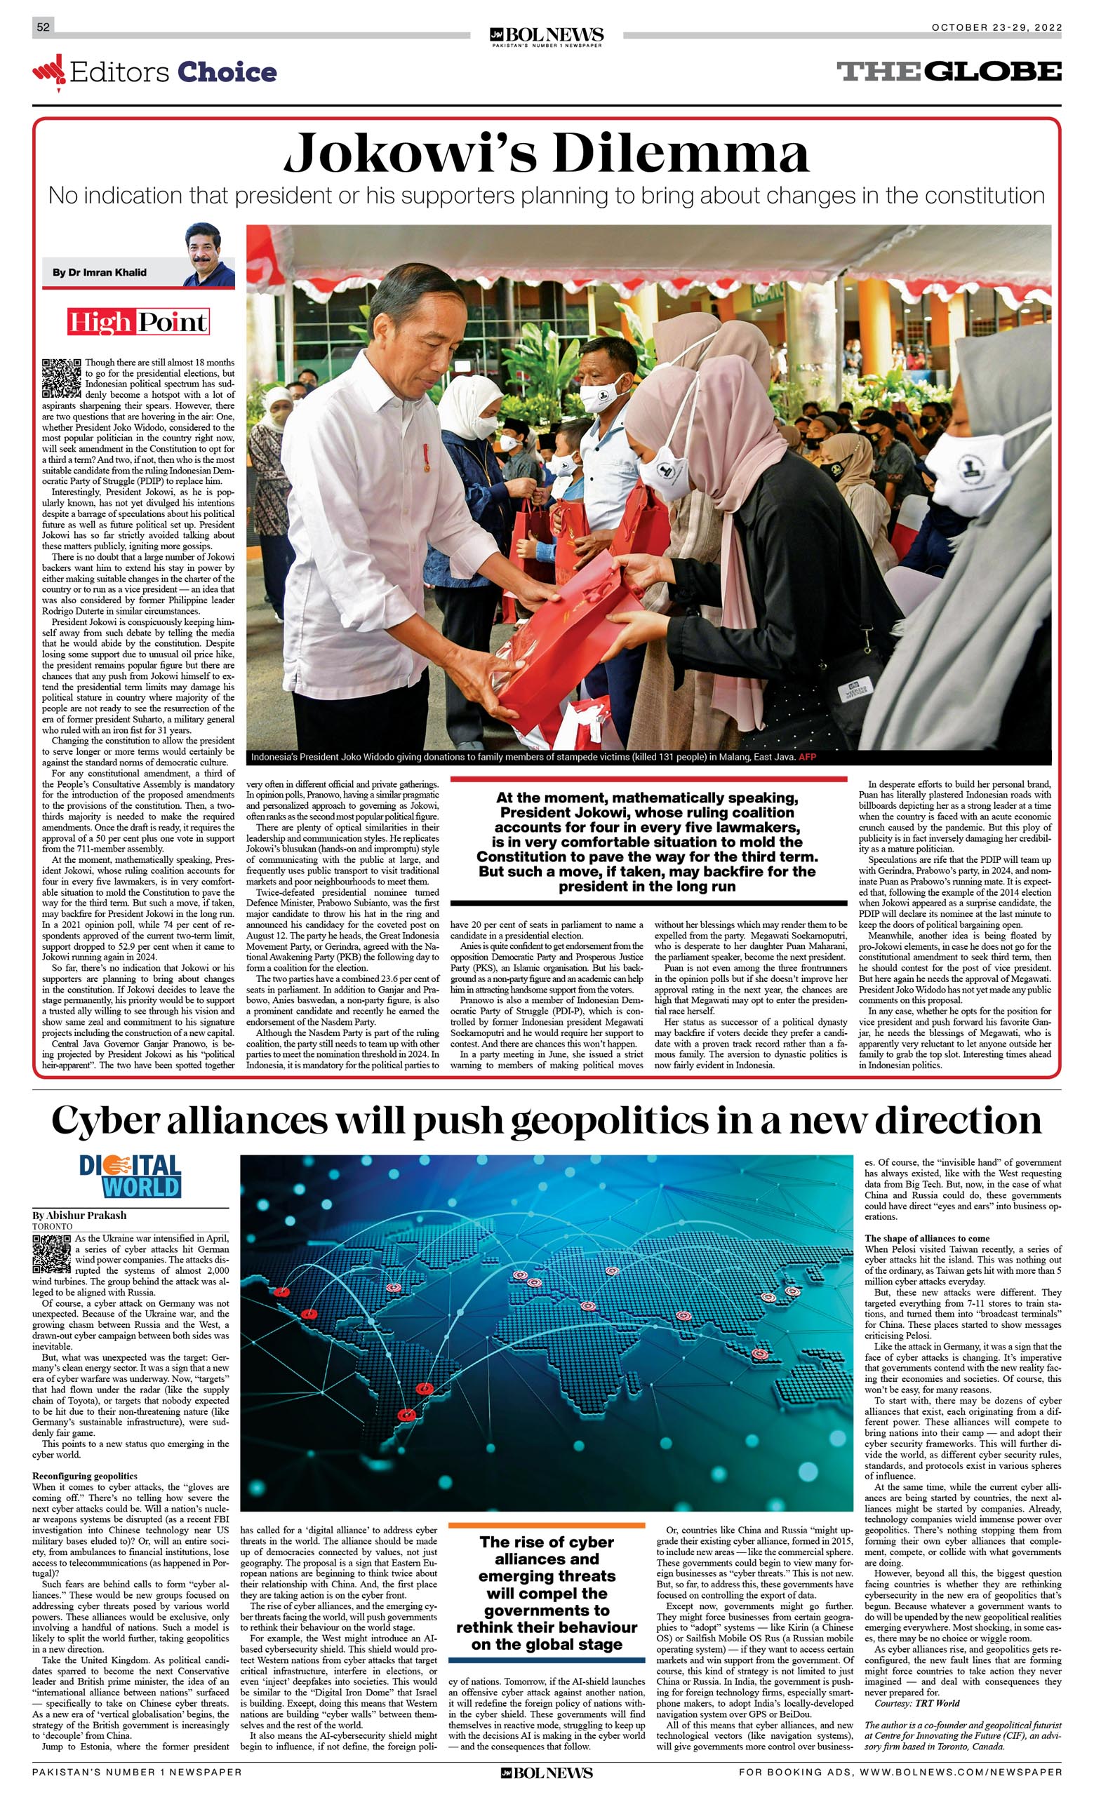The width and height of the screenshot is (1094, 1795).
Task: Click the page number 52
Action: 43,27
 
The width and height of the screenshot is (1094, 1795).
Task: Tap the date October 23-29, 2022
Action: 996,27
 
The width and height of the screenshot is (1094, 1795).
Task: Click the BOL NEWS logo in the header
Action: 547,36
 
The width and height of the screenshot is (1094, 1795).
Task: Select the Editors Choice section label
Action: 155,72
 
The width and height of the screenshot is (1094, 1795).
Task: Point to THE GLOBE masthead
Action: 949,72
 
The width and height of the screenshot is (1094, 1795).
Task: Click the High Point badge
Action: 138,321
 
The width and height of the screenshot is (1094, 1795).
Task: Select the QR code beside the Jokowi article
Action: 61,377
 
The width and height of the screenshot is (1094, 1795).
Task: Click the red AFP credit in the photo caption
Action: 807,757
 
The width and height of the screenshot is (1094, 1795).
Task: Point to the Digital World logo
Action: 131,1176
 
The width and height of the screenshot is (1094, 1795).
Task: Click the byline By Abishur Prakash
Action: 79,1215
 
